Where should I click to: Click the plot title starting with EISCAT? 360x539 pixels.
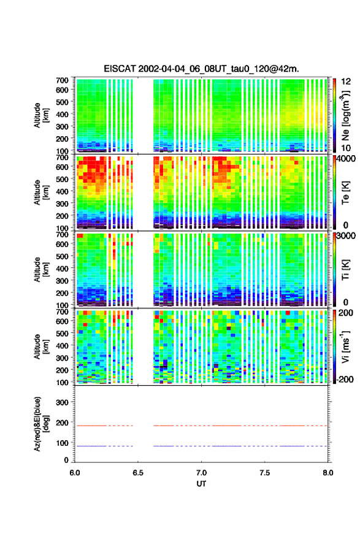pos(201,69)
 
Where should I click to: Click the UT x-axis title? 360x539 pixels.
pos(201,484)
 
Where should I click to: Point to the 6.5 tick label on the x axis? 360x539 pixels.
pos(138,473)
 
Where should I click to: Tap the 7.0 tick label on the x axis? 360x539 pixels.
pos(201,473)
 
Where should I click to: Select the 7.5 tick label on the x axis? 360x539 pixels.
pos(264,473)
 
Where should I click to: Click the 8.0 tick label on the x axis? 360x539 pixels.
pos(327,473)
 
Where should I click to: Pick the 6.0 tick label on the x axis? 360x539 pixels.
pos(75,473)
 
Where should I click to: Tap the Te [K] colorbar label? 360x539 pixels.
pos(345,193)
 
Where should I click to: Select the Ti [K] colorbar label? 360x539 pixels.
pos(345,270)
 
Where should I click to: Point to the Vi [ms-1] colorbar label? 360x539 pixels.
pos(345,346)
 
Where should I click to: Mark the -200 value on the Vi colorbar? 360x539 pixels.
pos(345,380)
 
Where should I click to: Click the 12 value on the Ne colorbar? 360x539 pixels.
pos(345,82)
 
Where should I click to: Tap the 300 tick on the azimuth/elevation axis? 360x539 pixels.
pos(63,402)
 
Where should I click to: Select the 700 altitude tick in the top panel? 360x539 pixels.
pos(62,80)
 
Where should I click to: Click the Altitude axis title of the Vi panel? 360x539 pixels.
pos(41,346)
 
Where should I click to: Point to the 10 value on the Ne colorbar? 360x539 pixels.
pos(345,148)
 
